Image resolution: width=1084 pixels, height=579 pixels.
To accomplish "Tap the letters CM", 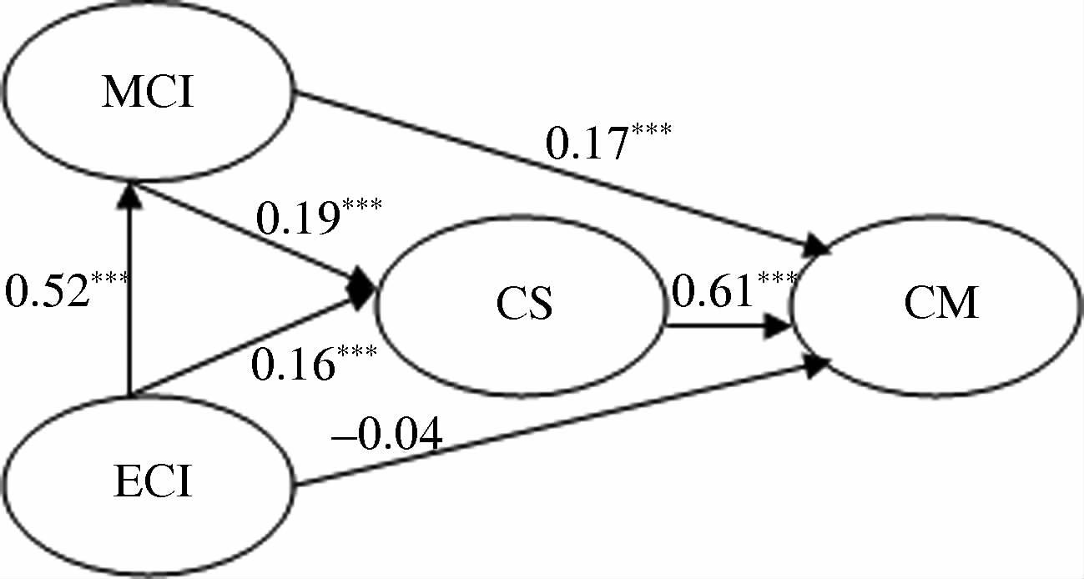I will tap(941, 304).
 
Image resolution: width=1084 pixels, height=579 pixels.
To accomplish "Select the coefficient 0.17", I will tap(585, 143).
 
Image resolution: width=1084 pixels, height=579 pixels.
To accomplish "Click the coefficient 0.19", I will tap(296, 220).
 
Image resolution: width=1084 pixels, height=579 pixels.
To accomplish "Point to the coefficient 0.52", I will tap(46, 292).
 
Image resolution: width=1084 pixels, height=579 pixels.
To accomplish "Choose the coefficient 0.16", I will tap(292, 365).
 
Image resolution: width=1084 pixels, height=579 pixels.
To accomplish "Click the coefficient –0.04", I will tap(389, 436).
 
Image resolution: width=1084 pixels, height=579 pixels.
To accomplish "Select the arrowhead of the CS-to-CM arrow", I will tap(779, 327).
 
